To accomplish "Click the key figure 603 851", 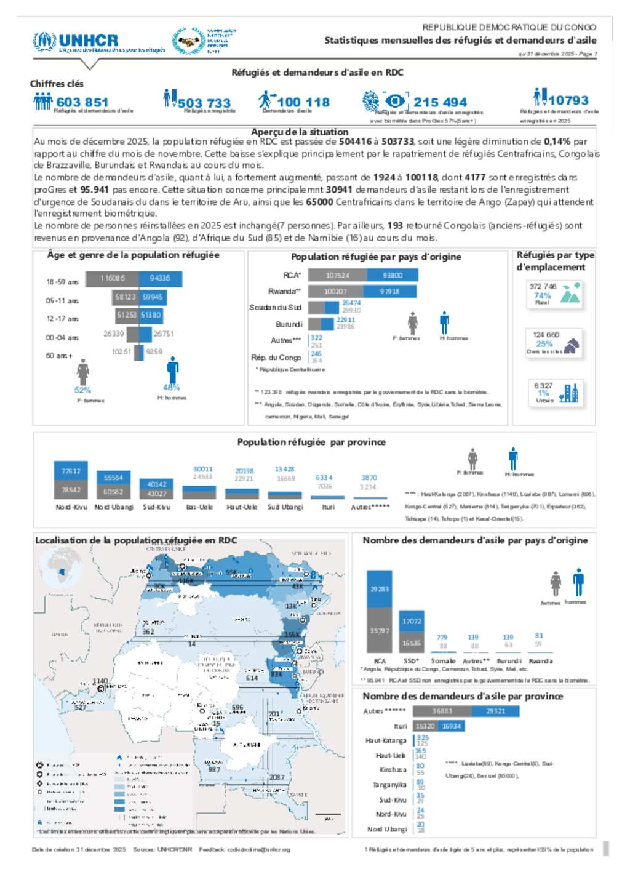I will pyautogui.click(x=82, y=102).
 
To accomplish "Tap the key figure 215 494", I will pyautogui.click(x=440, y=102).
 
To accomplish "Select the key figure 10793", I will pyautogui.click(x=568, y=100).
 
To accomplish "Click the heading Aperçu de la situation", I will pyautogui.click(x=300, y=132).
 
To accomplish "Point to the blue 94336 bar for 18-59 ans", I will pyautogui.click(x=160, y=279).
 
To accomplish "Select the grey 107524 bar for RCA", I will pyautogui.click(x=338, y=275).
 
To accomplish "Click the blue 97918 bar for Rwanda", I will pyautogui.click(x=390, y=291).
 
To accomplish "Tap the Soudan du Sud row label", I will pyautogui.click(x=275, y=307).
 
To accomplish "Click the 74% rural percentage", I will pyautogui.click(x=543, y=295).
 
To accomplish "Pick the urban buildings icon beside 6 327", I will pyautogui.click(x=569, y=393).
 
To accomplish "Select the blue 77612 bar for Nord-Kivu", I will pyautogui.click(x=71, y=471).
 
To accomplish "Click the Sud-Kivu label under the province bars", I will pyautogui.click(x=156, y=507).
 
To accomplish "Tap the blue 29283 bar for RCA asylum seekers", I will pyautogui.click(x=379, y=589).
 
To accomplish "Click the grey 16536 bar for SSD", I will pyautogui.click(x=412, y=643).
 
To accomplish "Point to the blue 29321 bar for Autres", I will pyautogui.click(x=496, y=711).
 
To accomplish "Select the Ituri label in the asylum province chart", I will pyautogui.click(x=400, y=726).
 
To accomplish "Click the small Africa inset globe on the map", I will pyautogui.click(x=60, y=571).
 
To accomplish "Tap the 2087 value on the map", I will pyautogui.click(x=277, y=777).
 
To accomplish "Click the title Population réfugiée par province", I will pyautogui.click(x=311, y=442).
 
